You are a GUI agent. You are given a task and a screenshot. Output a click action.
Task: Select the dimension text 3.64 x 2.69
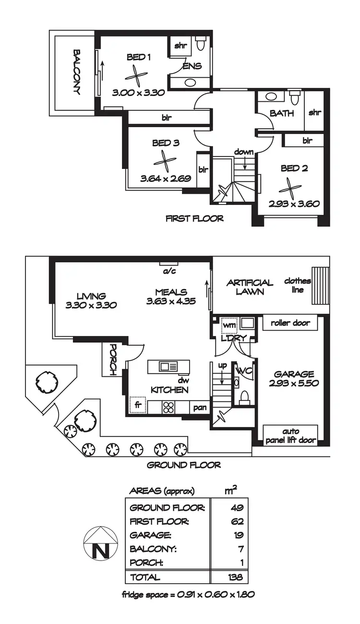[x=166, y=179]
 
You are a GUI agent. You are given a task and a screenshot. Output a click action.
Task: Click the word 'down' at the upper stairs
[x=244, y=152]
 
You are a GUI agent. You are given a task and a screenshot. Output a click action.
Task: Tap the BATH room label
[x=282, y=114]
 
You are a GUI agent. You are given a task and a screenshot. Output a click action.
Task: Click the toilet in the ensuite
[x=201, y=44]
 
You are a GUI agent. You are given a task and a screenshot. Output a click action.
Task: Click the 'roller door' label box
[x=290, y=323]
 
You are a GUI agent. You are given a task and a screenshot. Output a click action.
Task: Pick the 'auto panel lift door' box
[x=290, y=435]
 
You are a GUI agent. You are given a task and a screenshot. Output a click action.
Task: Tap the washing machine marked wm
[x=228, y=325]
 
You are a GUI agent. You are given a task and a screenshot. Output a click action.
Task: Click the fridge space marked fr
[x=138, y=405]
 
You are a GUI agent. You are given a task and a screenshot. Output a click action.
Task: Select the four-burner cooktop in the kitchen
[x=168, y=407]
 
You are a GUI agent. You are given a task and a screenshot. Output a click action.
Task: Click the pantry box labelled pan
[x=200, y=407]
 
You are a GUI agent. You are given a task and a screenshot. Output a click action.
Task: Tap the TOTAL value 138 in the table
[x=235, y=577]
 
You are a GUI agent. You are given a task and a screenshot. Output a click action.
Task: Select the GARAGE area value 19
[x=238, y=535]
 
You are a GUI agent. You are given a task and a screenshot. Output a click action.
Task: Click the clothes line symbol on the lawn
[x=319, y=286]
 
